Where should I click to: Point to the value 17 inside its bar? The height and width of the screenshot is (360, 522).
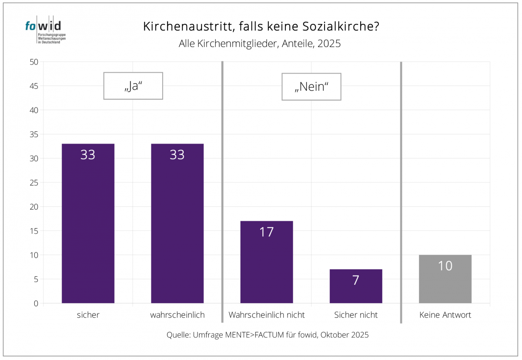pyautogui.click(x=267, y=232)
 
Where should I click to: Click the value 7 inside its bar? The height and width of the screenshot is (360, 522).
pyautogui.click(x=356, y=280)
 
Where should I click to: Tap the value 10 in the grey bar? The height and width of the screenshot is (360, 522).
pyautogui.click(x=445, y=266)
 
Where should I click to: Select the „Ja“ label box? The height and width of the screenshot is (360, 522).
pyautogui.click(x=133, y=86)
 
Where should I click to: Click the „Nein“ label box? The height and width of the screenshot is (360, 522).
pyautogui.click(x=311, y=87)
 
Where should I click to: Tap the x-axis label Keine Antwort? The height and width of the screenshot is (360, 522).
pyautogui.click(x=445, y=315)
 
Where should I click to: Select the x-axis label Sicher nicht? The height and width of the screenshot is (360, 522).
pyautogui.click(x=356, y=315)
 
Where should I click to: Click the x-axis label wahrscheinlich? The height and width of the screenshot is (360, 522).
pyautogui.click(x=177, y=315)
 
